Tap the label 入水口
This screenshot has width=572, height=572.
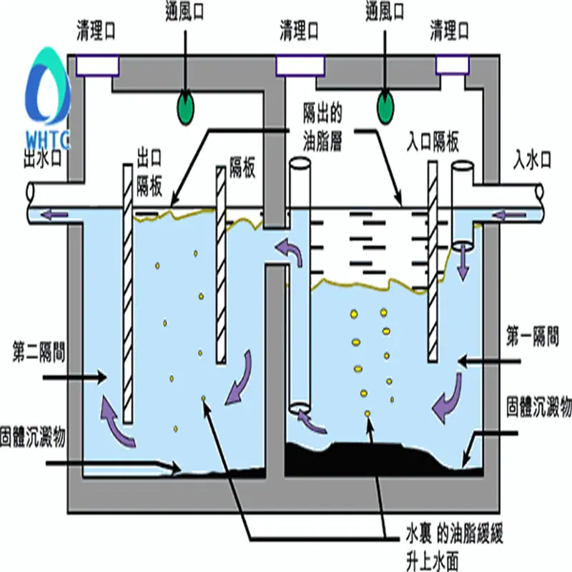tap(532, 159)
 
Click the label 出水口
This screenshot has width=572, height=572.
tap(43, 159)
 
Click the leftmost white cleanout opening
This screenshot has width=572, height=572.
tap(97, 66)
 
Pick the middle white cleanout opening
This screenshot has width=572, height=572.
tap(300, 66)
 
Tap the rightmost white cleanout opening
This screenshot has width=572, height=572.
tap(453, 64)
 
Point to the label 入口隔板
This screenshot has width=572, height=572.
tap(433, 142)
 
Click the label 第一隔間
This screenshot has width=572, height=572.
tap(532, 337)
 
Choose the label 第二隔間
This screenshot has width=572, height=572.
tap(39, 352)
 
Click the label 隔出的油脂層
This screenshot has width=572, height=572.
tap(322, 127)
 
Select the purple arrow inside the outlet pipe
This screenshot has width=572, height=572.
tap(54, 214)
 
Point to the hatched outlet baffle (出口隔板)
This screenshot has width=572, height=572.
tap(128, 294)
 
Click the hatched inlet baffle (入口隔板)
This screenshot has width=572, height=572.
tap(433, 262)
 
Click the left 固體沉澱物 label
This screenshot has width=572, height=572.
tap(33, 437)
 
